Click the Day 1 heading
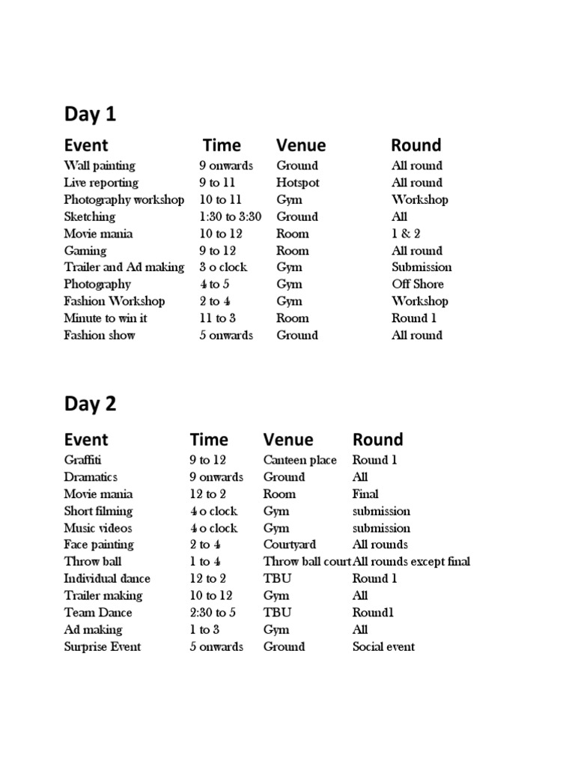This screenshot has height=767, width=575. (x=90, y=115)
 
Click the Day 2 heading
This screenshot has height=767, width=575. (x=90, y=404)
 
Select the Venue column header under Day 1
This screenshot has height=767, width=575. (x=301, y=145)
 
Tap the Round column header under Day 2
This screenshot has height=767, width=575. (x=377, y=440)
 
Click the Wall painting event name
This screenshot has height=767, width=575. (x=100, y=166)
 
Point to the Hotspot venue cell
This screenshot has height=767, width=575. (x=298, y=183)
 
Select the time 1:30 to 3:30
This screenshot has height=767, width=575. (x=231, y=216)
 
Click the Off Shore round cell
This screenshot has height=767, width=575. (x=417, y=284)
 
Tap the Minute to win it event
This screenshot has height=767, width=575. (x=106, y=318)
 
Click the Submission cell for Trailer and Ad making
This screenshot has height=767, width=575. (x=422, y=267)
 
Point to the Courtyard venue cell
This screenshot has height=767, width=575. (x=290, y=545)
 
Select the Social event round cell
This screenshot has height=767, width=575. (x=383, y=646)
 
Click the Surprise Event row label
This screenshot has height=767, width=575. (x=103, y=646)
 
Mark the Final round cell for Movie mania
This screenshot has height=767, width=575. (x=365, y=494)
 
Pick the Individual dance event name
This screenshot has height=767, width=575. (x=107, y=578)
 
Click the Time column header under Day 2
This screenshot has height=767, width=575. (x=209, y=440)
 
